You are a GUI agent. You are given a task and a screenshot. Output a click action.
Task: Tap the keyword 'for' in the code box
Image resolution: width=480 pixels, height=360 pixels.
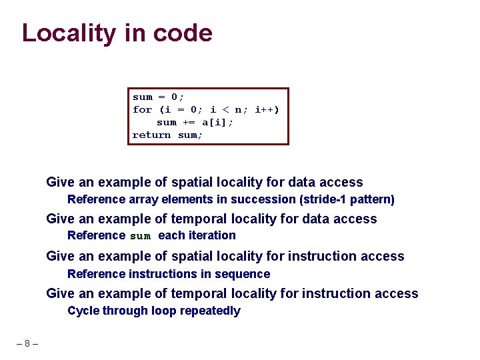pos(142,109)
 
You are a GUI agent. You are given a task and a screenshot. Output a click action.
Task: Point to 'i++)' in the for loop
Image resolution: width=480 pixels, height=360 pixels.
pos(267,109)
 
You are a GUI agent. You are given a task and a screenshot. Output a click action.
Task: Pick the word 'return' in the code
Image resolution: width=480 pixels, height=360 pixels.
pos(151,135)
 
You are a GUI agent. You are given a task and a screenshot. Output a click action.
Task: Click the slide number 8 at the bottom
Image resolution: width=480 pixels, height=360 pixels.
pos(27,344)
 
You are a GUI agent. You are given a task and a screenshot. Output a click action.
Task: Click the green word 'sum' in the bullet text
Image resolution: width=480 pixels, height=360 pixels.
pos(140,236)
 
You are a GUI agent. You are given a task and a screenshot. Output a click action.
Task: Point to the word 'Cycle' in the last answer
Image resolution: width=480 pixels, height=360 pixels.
pos(83,311)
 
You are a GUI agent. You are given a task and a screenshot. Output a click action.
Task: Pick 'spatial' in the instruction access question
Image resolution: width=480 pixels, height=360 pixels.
pos(193,256)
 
